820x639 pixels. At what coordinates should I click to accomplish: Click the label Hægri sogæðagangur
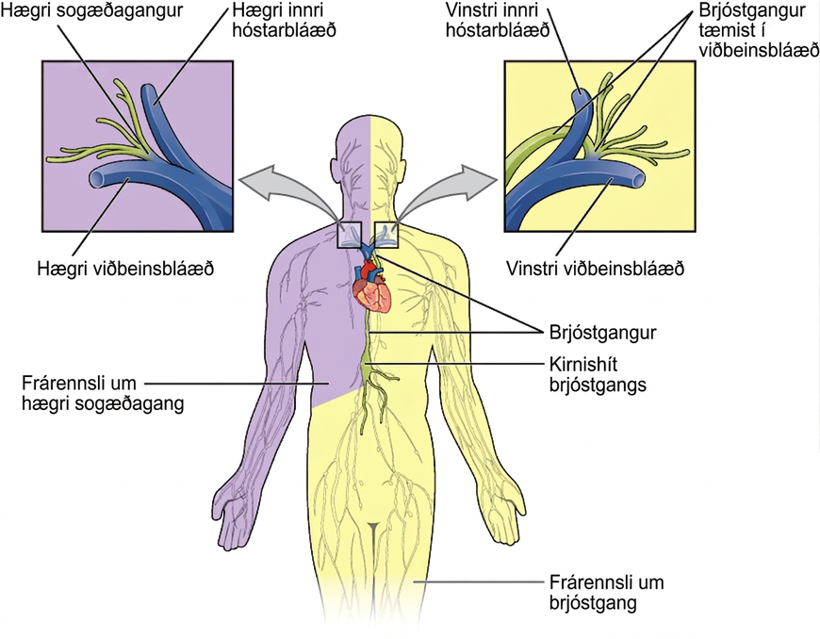[92, 10]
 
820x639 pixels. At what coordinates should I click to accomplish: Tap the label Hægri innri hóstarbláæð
[284, 20]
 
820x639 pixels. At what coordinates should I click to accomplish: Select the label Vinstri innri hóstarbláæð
[498, 20]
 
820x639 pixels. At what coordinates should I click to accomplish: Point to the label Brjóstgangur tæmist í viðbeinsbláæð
[759, 30]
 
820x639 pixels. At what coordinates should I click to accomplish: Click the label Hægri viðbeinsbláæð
[125, 269]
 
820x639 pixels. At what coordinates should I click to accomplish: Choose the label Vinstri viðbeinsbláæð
[595, 269]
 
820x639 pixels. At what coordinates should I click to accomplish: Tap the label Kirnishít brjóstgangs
[598, 374]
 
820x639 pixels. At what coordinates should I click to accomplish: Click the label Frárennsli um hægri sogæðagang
[103, 393]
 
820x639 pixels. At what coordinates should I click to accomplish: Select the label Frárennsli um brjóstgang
[607, 593]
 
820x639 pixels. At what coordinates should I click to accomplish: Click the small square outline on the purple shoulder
[350, 235]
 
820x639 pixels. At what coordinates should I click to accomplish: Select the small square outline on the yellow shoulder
[387, 235]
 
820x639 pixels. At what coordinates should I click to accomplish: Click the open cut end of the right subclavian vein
[97, 179]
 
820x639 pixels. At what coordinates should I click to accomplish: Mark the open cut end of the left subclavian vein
[638, 180]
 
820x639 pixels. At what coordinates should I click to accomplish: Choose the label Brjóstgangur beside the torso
[603, 333]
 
